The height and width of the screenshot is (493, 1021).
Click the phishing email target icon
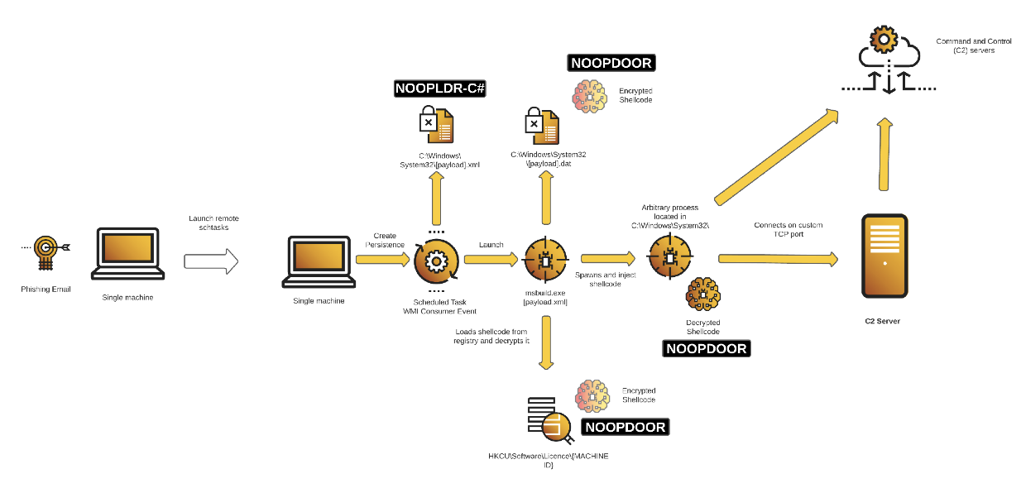pos(46,253)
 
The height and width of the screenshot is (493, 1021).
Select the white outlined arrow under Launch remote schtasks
pos(211,261)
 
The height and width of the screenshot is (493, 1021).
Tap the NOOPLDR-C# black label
pos(440,89)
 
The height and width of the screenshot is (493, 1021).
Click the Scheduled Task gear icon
pos(436,261)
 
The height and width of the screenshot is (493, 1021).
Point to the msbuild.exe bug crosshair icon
pos(545,260)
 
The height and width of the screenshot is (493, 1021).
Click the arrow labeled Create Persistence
pos(383,260)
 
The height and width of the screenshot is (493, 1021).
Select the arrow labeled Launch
pos(491,260)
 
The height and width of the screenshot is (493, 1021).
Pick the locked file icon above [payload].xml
pos(436,124)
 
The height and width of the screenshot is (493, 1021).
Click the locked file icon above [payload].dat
pos(542,126)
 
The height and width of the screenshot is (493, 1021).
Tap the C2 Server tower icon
pos(884,256)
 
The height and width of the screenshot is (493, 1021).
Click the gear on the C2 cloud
pos(884,39)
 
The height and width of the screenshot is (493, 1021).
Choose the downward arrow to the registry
pos(546,342)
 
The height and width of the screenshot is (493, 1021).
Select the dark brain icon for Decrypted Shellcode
pos(702,294)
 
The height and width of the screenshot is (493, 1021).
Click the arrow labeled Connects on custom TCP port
pos(778,259)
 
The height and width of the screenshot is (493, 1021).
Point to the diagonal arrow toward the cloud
pos(777,156)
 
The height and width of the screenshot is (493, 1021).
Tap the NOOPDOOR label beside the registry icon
pos(626,427)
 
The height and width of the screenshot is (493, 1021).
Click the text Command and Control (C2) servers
pos(974,45)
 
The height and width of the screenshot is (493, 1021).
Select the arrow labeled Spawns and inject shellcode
pos(608,259)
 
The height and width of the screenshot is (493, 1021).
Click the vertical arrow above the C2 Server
pos(884,154)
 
